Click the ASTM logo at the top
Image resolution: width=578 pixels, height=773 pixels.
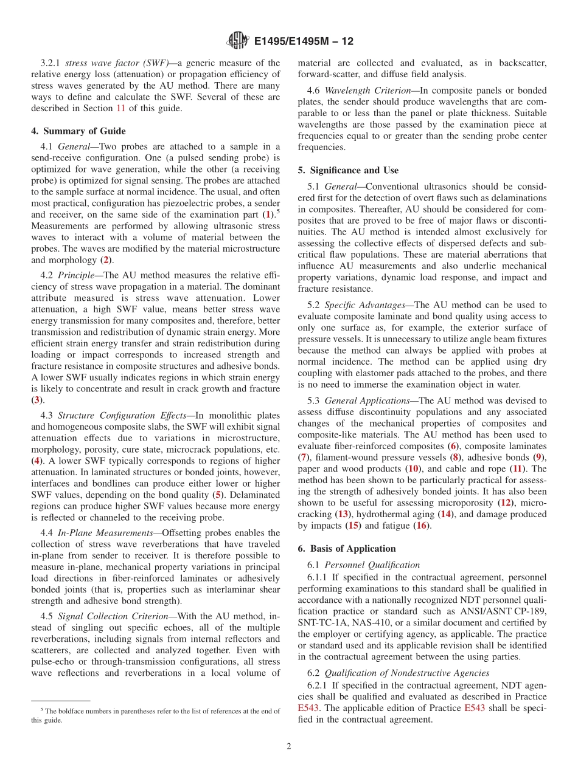pos(237,41)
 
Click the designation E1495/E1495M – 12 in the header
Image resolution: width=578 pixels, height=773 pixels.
pos(303,41)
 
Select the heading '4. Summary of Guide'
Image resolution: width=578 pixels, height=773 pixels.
pos(78,131)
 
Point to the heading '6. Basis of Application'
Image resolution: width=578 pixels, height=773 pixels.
pos(346,548)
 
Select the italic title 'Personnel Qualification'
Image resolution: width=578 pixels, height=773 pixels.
pos(372,565)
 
